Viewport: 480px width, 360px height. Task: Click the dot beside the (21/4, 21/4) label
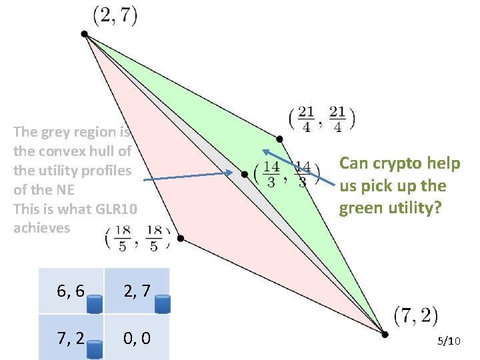[280, 139]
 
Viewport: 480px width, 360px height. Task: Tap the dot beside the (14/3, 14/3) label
[244, 174]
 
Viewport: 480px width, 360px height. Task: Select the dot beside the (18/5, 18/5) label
[180, 238]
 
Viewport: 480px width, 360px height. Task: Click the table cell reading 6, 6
[71, 291]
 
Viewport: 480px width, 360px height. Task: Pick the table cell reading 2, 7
[137, 291]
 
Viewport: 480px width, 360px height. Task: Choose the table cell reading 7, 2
[71, 338]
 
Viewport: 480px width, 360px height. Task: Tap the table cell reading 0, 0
[137, 338]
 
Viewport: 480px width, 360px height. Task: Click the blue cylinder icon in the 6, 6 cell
[95, 304]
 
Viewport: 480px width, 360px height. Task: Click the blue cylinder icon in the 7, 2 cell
[95, 349]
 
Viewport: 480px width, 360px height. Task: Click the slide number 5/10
[449, 341]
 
